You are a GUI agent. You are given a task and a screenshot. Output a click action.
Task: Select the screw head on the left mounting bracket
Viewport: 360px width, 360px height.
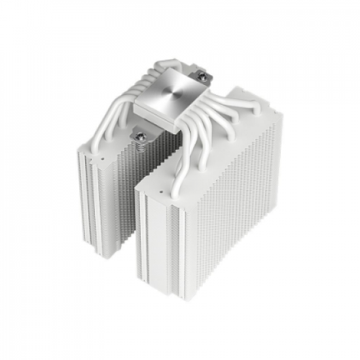coord(141,137)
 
